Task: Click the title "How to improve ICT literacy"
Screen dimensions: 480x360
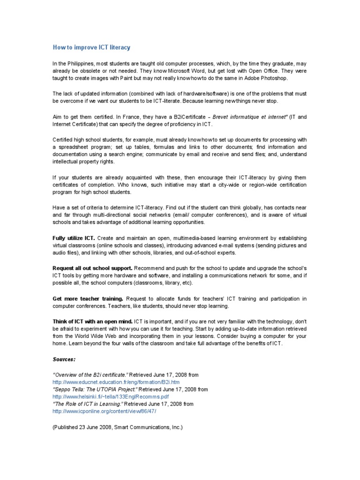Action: pos(91,47)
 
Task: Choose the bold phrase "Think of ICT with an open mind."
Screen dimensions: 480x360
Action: pos(92,322)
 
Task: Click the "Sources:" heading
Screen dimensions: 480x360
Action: pos(64,360)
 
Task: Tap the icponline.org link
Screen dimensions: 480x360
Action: pos(104,411)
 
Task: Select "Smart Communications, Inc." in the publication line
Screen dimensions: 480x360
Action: pos(146,427)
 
